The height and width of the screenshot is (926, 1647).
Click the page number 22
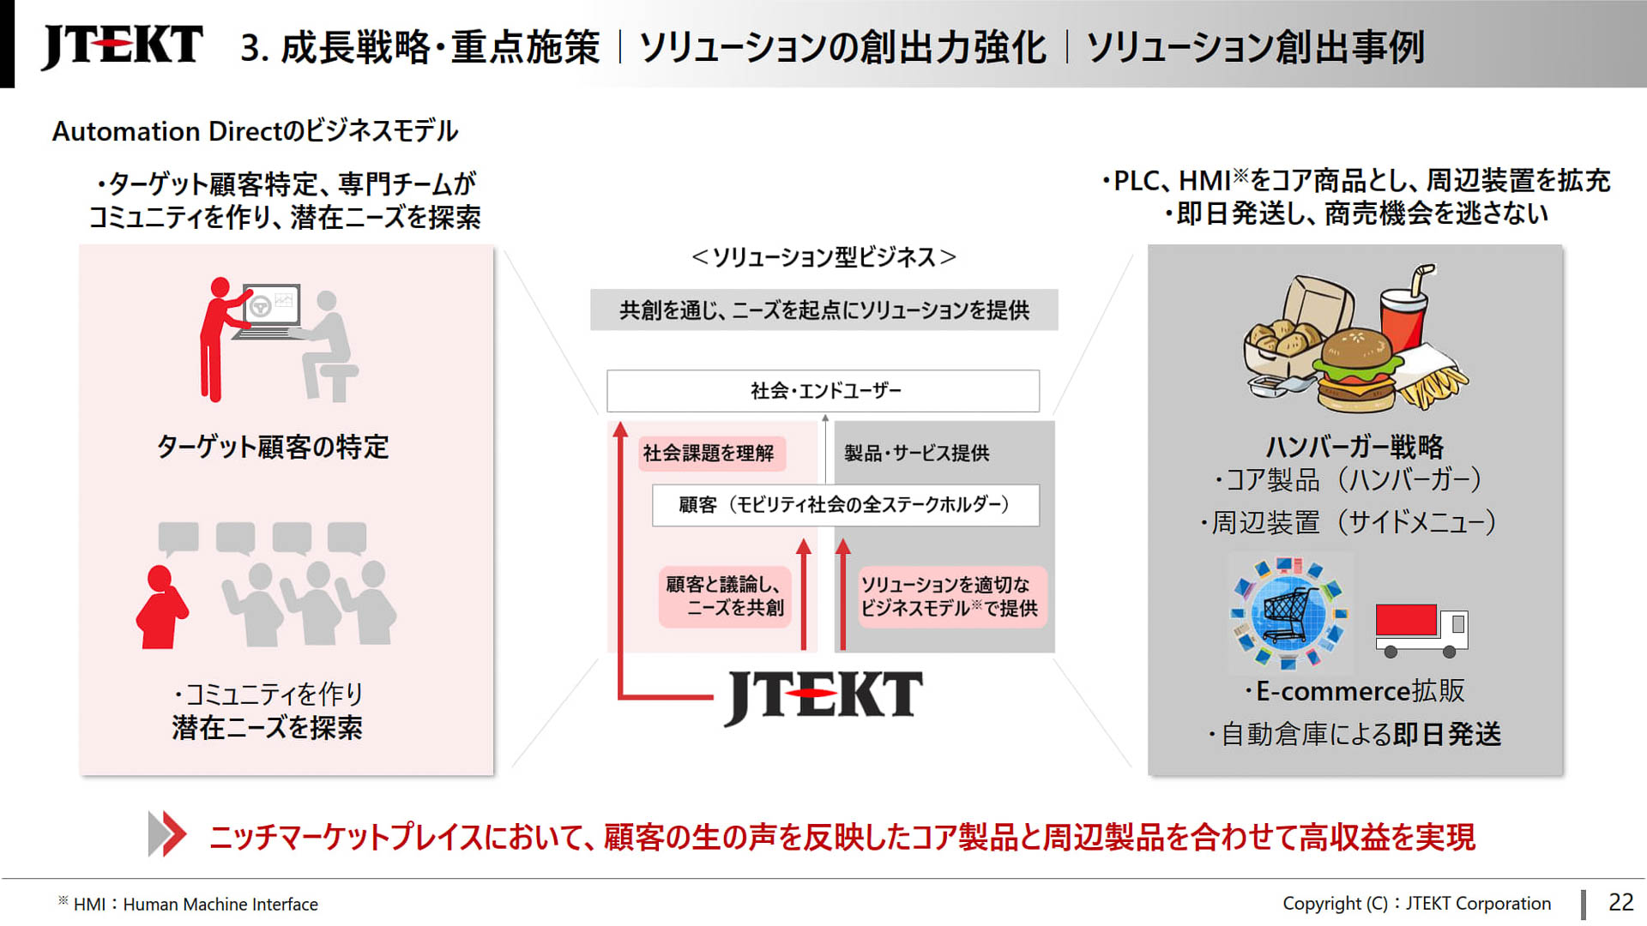[1620, 902]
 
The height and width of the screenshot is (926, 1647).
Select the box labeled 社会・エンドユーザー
[823, 391]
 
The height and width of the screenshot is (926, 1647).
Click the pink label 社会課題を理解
[709, 453]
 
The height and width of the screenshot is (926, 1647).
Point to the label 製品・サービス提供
[916, 453]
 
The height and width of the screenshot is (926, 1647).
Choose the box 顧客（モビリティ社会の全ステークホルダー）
[845, 505]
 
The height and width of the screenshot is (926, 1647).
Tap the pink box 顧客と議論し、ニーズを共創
[725, 596]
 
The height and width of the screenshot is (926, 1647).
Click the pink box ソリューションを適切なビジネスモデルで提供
[950, 596]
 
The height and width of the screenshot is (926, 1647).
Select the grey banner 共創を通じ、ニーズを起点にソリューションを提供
[823, 310]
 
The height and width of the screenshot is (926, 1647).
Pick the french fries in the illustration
[1429, 382]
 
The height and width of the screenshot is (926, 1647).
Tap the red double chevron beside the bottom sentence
[166, 833]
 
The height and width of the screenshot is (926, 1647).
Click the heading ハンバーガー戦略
[1354, 446]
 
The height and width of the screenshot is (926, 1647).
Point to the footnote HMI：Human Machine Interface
[195, 904]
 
